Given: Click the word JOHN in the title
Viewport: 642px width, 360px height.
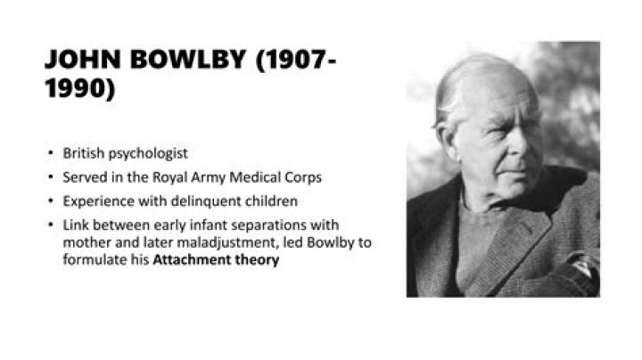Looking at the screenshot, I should click(79, 61).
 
